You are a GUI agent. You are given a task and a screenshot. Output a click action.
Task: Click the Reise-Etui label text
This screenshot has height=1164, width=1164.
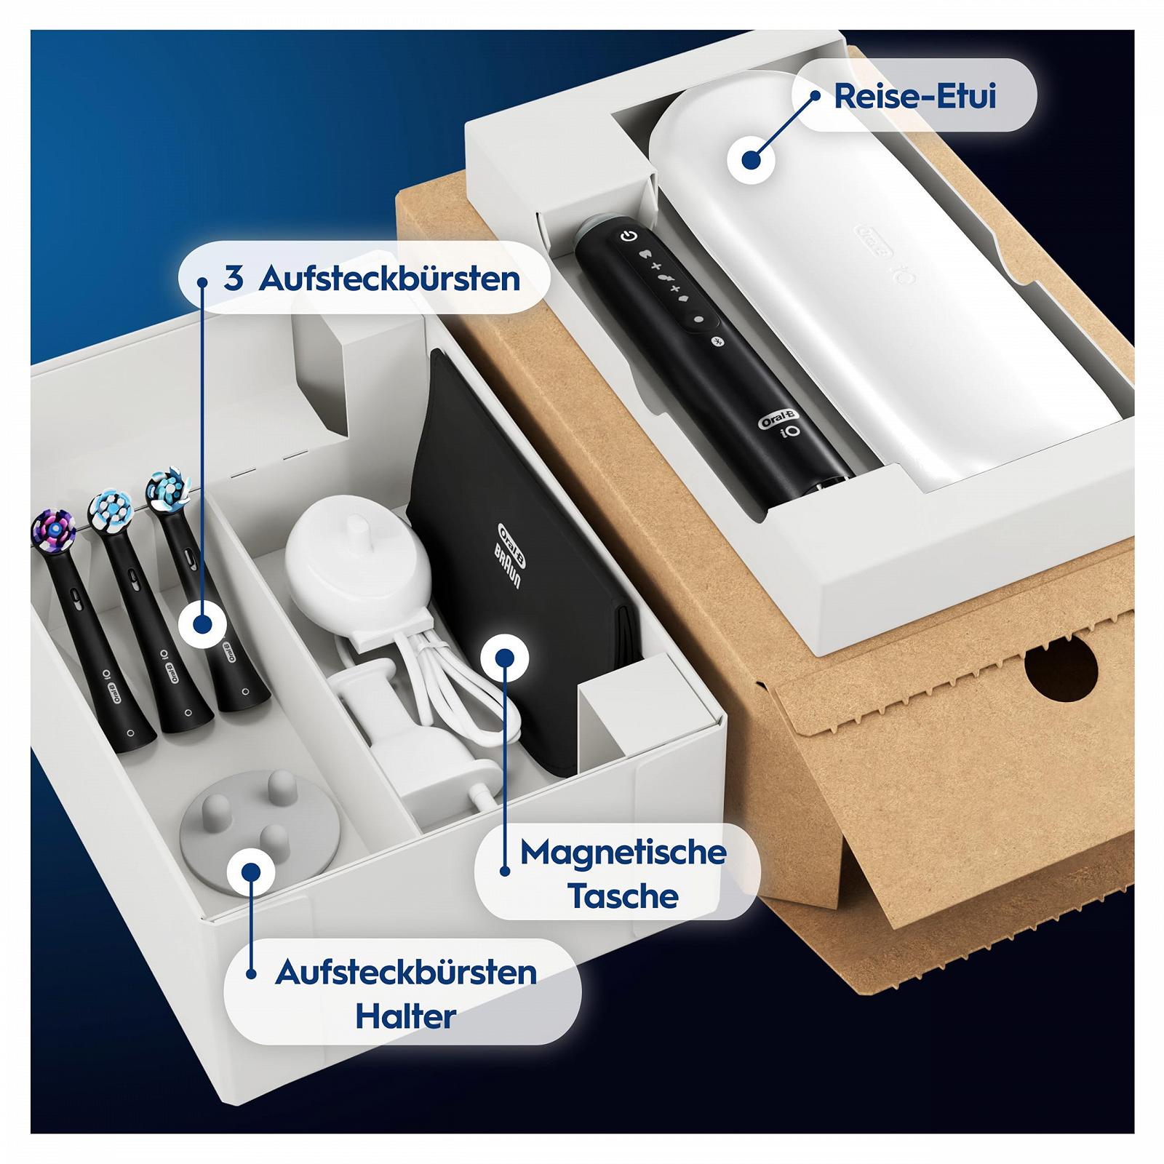pos(914,97)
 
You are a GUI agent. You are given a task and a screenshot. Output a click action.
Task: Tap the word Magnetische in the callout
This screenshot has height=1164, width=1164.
pos(623,853)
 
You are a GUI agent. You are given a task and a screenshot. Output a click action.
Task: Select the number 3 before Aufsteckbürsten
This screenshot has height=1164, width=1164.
pos(234,278)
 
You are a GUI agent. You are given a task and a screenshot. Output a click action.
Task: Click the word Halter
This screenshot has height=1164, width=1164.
pos(405,1016)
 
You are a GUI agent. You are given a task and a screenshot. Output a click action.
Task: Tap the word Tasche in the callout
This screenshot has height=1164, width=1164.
pos(623,896)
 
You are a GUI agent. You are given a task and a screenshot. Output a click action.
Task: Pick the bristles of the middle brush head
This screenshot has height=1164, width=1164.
pos(109,509)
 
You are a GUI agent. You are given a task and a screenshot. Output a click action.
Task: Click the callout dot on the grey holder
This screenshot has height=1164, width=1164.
pos(250,872)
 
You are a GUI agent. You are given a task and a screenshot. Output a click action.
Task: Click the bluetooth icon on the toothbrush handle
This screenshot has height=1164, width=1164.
pos(714,341)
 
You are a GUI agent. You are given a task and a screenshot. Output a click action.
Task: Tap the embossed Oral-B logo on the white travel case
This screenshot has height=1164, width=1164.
pos(876,241)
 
